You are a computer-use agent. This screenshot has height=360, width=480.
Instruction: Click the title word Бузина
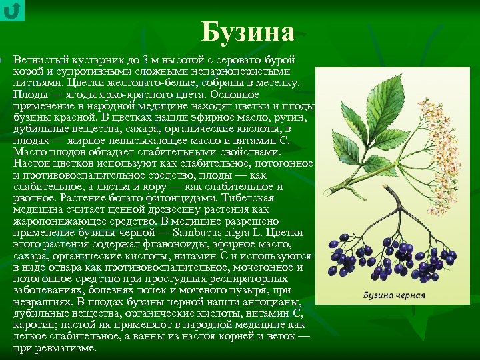pyautogui.click(x=247, y=31)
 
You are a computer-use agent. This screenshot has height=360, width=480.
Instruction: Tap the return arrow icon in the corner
pyautogui.click(x=12, y=11)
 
